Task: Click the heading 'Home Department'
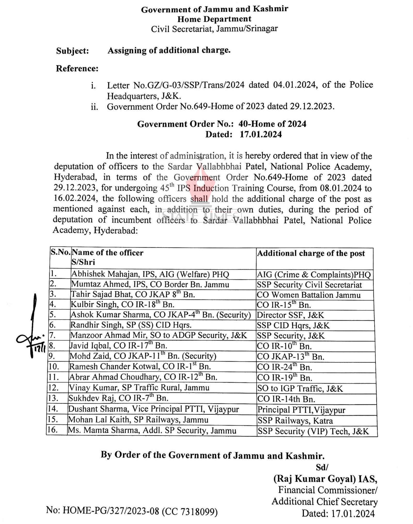[214, 19]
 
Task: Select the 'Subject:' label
[72, 51]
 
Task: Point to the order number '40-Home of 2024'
[272, 124]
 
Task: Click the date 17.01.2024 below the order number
[261, 135]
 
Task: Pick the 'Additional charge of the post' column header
[311, 253]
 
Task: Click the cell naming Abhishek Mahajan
[150, 274]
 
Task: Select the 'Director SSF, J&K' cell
[290, 315]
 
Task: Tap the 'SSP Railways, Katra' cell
[295, 421]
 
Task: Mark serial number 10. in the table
[54, 367]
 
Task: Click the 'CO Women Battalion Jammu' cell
[308, 295]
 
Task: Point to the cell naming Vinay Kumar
[139, 388]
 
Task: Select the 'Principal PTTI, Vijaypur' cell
[301, 410]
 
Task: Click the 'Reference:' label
[77, 69]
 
